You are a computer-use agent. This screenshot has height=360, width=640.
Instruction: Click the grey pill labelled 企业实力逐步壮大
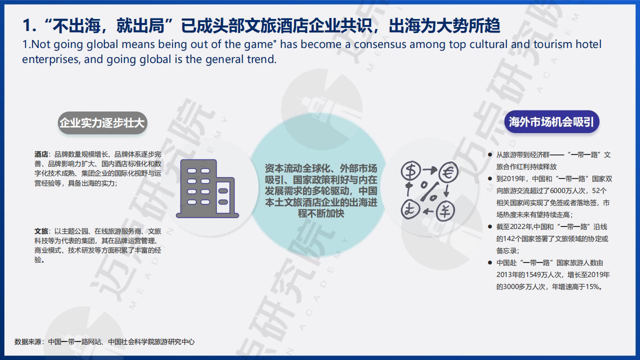coord(102,123)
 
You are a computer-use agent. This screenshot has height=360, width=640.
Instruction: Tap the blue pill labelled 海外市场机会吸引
coord(551,122)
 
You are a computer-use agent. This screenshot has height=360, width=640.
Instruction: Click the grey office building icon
coord(207,189)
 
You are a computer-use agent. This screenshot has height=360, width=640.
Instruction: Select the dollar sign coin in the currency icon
coord(411,170)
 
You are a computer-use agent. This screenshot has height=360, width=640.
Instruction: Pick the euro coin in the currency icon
coord(448,172)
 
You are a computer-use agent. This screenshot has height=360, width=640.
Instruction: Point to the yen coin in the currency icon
coord(445,210)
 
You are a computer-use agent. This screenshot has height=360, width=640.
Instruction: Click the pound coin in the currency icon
coord(410,209)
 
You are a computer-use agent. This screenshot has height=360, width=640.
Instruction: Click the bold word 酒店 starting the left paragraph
coord(41,154)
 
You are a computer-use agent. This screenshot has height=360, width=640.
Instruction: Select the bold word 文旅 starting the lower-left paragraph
coord(41,231)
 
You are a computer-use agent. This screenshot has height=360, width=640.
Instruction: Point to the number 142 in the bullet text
coord(509,239)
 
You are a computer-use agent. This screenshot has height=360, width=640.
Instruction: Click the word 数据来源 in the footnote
coord(27,341)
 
